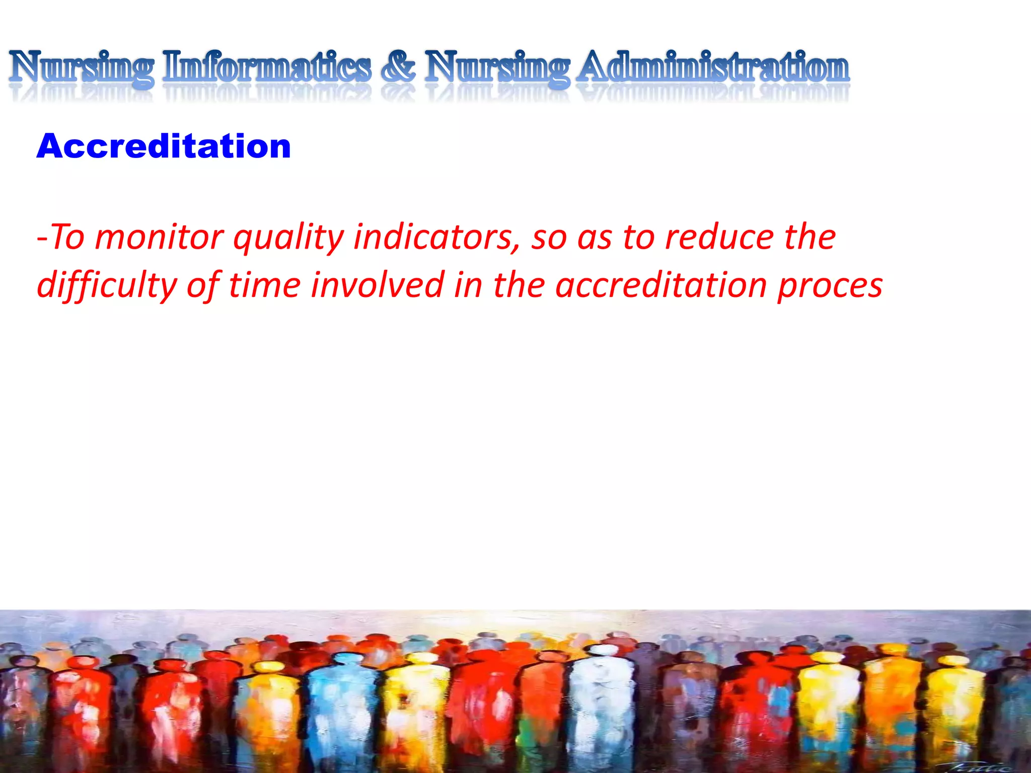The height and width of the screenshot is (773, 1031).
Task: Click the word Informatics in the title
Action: point(267,68)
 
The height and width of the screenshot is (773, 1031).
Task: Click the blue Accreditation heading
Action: point(164,146)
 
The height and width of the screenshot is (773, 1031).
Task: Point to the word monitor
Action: point(159,237)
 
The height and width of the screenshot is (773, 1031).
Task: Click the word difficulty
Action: point(107,285)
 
